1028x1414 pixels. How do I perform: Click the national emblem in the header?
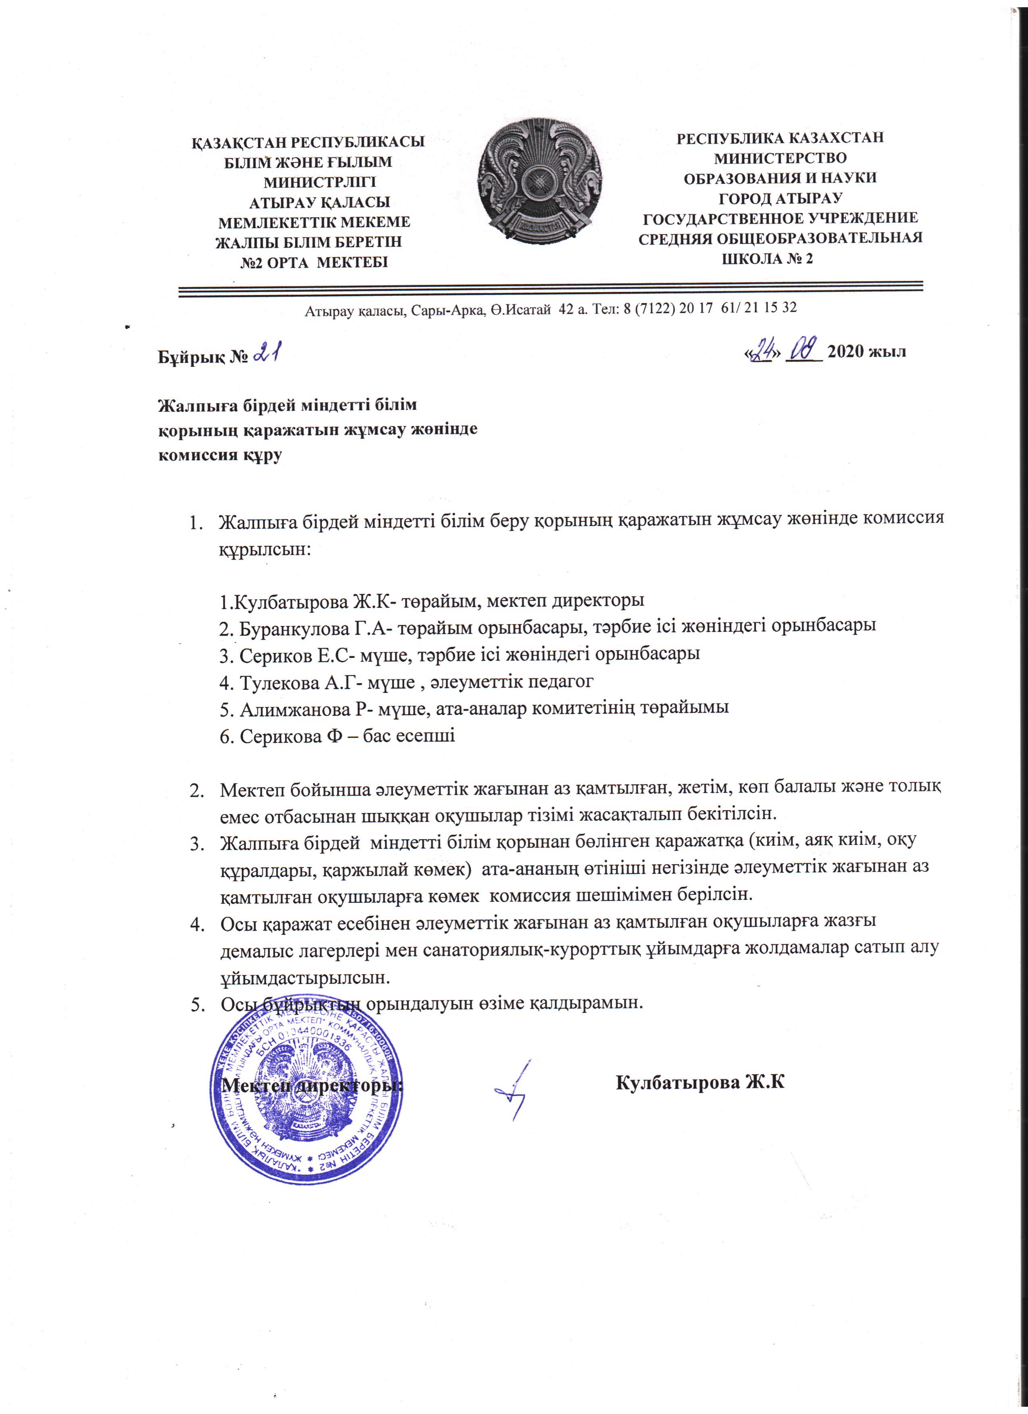tap(541, 186)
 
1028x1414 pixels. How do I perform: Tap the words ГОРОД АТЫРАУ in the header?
tap(780, 198)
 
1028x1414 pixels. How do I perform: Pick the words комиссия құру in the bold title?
tap(219, 455)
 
